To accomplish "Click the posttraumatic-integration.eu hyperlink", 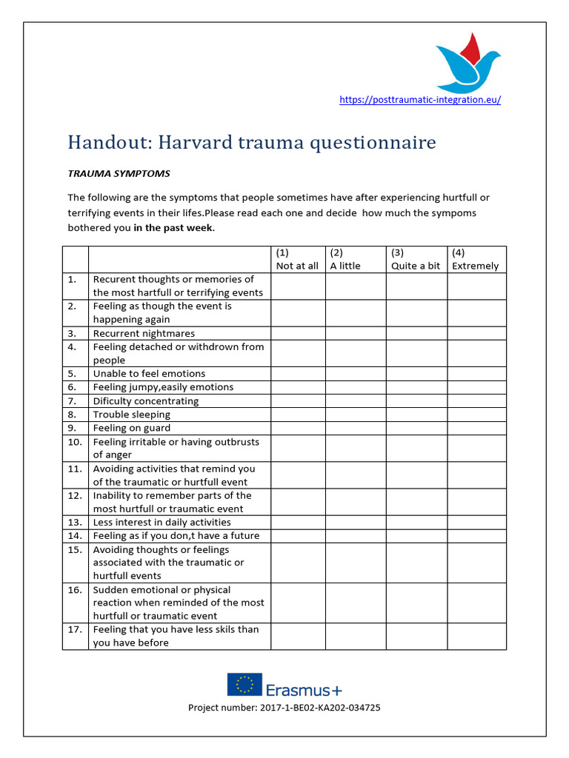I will (419, 100).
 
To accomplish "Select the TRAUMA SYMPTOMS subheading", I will (119, 174).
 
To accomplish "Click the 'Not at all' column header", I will (297, 266).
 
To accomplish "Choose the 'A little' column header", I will (345, 266).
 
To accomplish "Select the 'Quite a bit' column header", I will (415, 266).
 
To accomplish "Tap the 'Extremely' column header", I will (475, 266).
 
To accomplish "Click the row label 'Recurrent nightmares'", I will (144, 334).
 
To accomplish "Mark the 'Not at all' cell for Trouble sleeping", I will (298, 415).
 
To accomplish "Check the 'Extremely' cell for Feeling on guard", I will (476, 428).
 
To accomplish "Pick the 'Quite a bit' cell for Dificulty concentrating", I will (416, 401).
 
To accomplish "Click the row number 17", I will (73, 630).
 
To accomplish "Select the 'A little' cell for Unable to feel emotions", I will (355, 374).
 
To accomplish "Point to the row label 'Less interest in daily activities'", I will (162, 523).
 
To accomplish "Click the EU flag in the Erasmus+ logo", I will (244, 684).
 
